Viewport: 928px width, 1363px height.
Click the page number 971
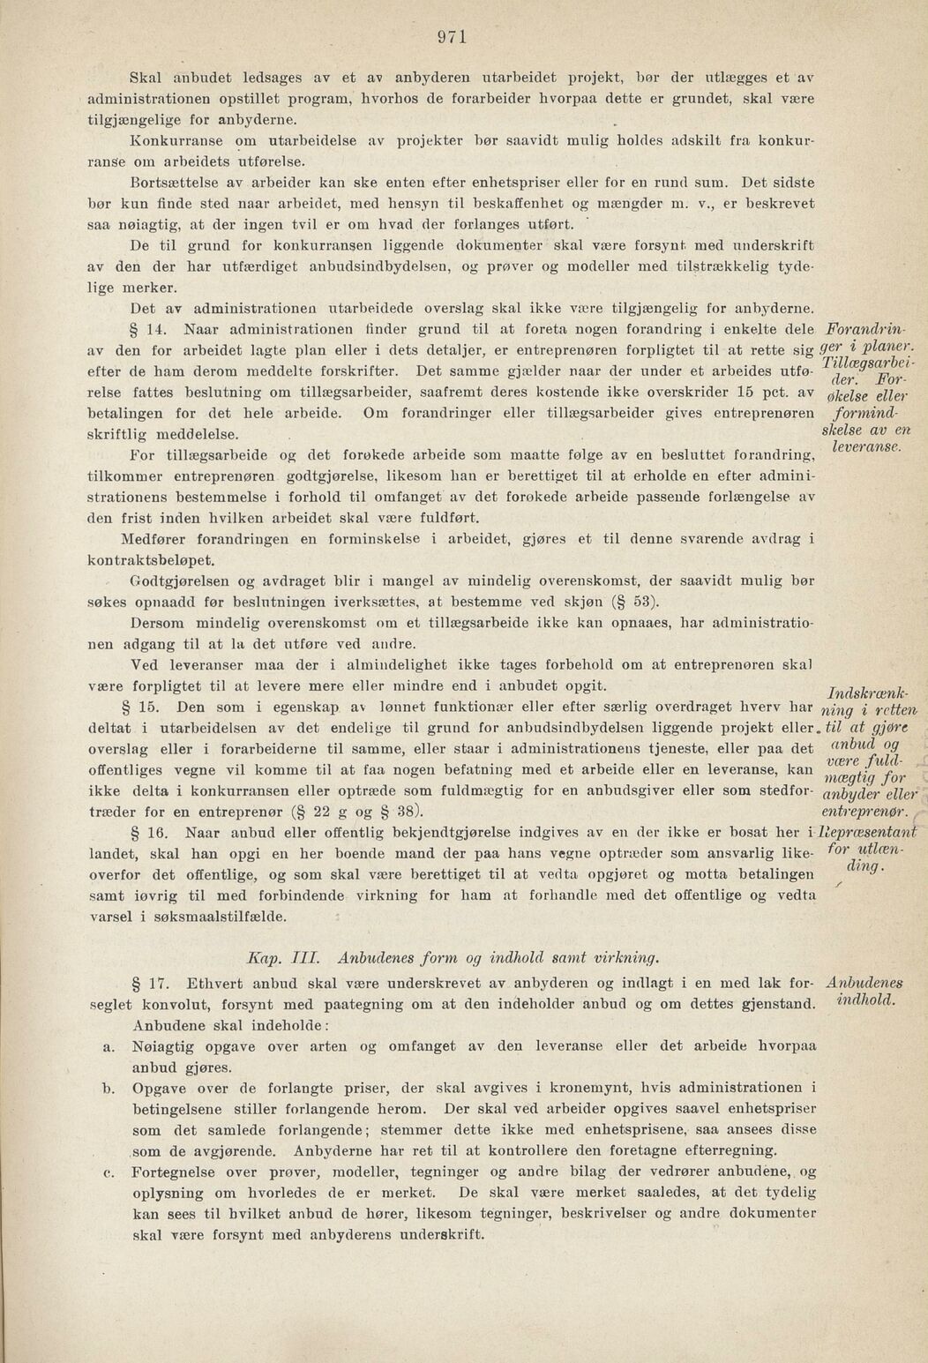tap(451, 37)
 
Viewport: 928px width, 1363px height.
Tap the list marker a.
tap(109, 1045)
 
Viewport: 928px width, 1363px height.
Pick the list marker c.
tap(109, 1172)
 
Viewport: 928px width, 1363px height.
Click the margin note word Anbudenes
tap(859, 982)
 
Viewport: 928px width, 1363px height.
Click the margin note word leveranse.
tap(864, 449)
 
